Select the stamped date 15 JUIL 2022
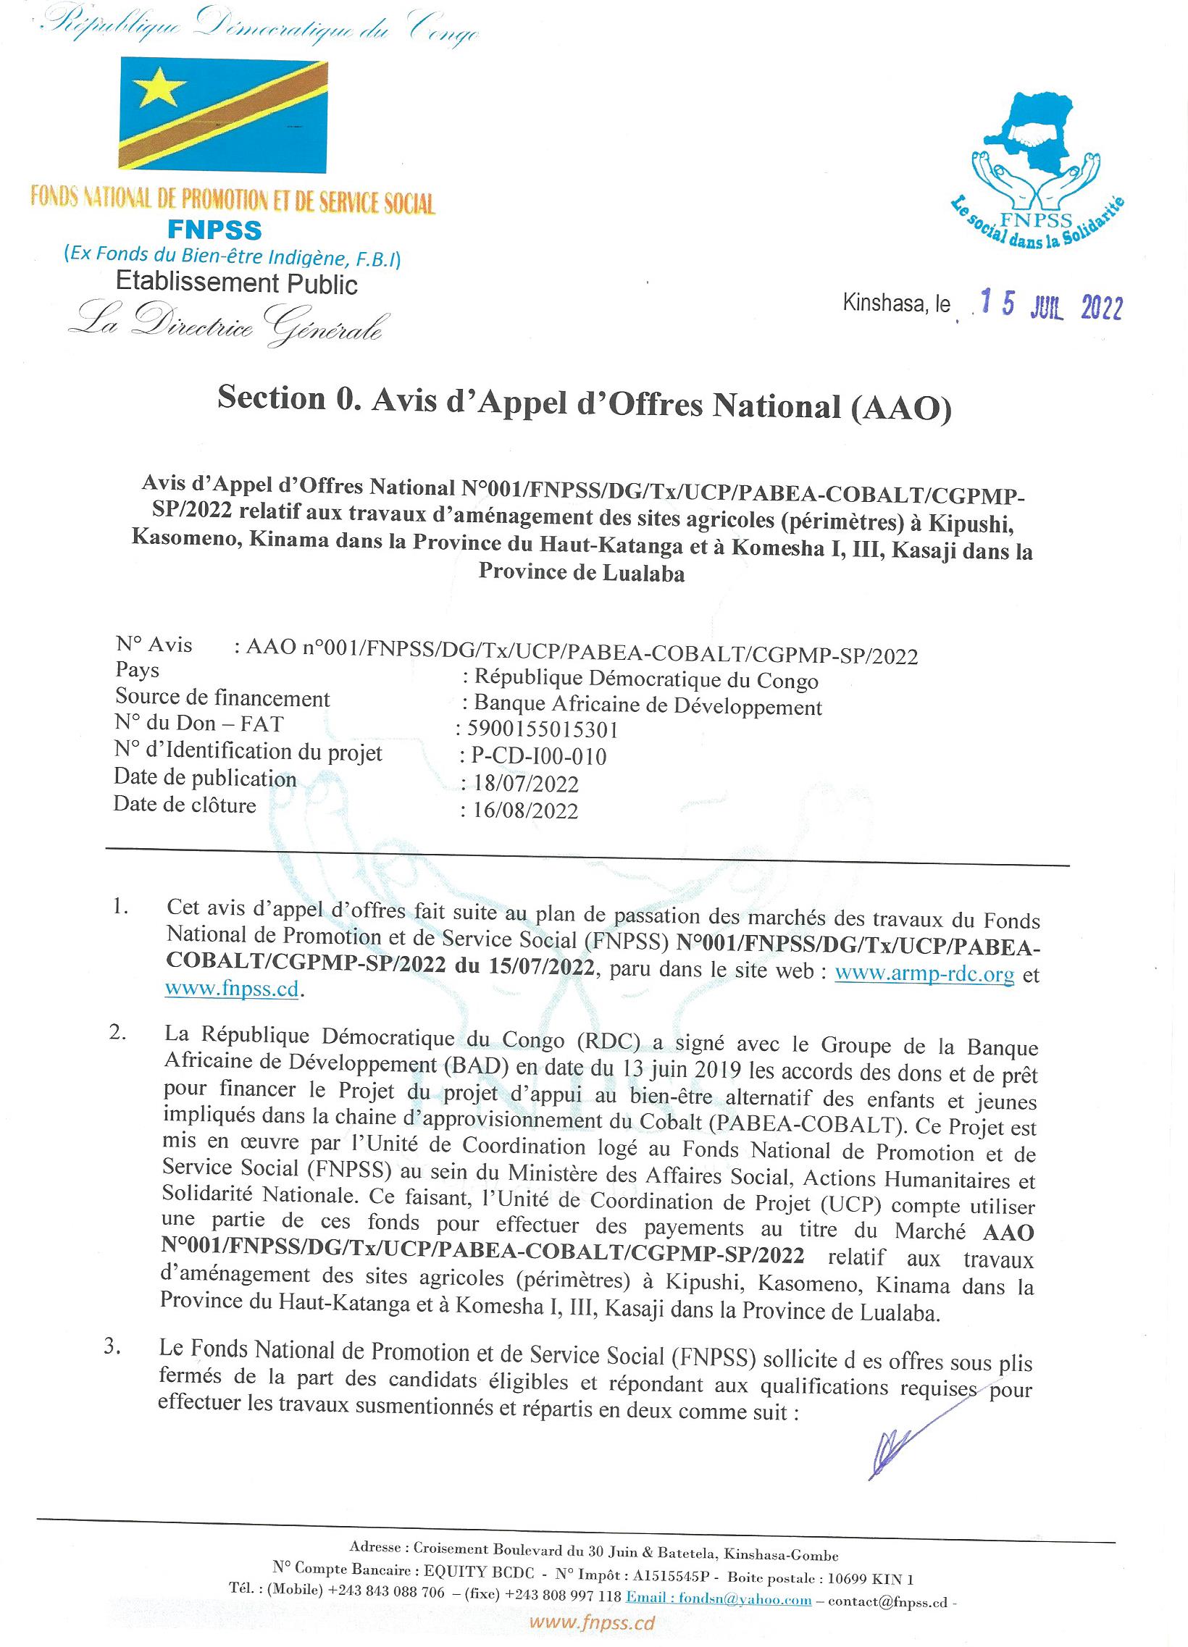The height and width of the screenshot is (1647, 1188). click(1052, 305)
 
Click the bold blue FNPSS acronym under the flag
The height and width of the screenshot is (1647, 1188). click(214, 230)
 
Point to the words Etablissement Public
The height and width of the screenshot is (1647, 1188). click(237, 283)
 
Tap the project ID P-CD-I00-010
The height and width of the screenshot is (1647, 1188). click(538, 757)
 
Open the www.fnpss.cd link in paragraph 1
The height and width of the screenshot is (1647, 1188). click(233, 989)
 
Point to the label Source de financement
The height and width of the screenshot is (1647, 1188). click(222, 698)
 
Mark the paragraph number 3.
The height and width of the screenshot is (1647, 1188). click(112, 1345)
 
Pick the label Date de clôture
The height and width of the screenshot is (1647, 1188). click(185, 805)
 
